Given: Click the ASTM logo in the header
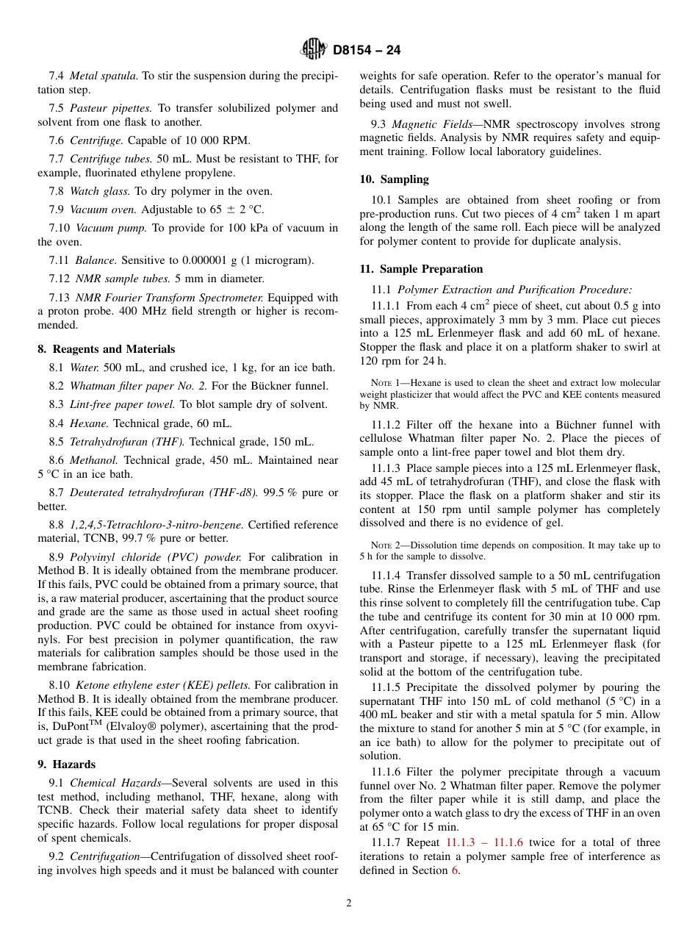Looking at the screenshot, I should tap(314, 50).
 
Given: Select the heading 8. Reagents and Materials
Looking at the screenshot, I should tap(107, 349).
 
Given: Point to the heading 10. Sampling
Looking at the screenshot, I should tap(394, 179).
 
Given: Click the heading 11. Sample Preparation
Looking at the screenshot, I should tap(421, 269).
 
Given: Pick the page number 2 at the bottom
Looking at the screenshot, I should tap(349, 903).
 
